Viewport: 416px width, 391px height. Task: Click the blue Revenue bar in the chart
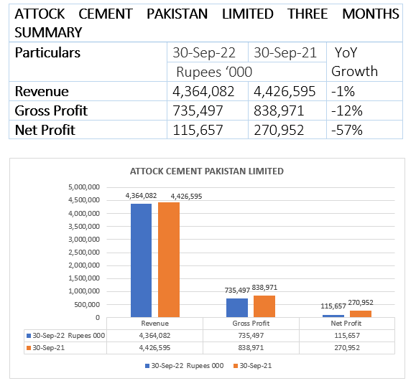pyautogui.click(x=141, y=260)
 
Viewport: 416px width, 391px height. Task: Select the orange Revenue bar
pyautogui.click(x=169, y=260)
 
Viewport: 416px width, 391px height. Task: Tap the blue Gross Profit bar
pyautogui.click(x=237, y=308)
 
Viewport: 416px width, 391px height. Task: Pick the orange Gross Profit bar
pyautogui.click(x=264, y=306)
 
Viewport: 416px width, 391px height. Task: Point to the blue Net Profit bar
pyautogui.click(x=333, y=316)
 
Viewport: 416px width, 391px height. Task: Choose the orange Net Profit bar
pyautogui.click(x=361, y=314)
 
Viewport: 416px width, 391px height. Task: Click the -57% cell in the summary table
pyautogui.click(x=347, y=130)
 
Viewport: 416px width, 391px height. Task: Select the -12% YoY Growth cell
pyautogui.click(x=347, y=110)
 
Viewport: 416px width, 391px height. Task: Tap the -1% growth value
pyautogui.click(x=343, y=91)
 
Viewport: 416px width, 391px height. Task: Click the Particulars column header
pyautogui.click(x=47, y=52)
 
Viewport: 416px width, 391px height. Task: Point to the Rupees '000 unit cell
pyautogui.click(x=214, y=72)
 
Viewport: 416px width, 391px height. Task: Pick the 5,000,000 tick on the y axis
pyautogui.click(x=84, y=187)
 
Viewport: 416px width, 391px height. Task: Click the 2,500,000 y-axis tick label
pyautogui.click(x=84, y=253)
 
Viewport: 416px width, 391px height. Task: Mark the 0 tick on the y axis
pyautogui.click(x=98, y=317)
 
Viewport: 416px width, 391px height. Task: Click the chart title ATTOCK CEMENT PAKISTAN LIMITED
pyautogui.click(x=207, y=171)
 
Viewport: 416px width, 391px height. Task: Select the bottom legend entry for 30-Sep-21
pyautogui.click(x=253, y=366)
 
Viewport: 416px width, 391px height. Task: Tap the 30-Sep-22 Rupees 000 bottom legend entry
pyautogui.click(x=185, y=366)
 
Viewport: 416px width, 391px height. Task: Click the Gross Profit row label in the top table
pyautogui.click(x=51, y=110)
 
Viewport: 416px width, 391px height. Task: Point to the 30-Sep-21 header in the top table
pyautogui.click(x=285, y=52)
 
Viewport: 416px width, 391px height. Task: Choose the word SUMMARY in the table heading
pyautogui.click(x=48, y=32)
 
